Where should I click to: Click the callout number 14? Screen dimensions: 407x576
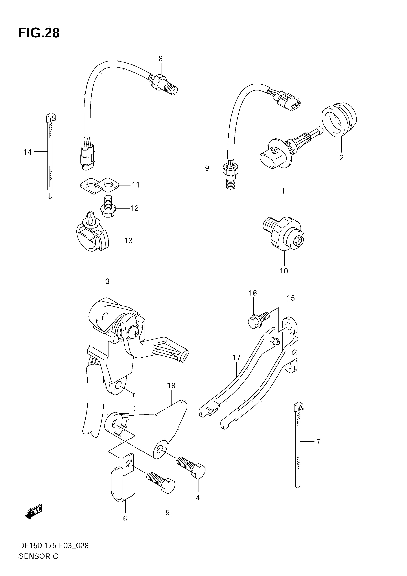[27, 152]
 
